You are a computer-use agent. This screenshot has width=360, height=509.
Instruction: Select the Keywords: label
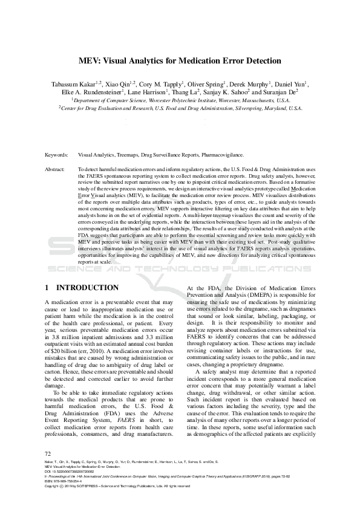click(x=56, y=155)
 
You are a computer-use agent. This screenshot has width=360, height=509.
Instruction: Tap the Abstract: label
click(x=56, y=170)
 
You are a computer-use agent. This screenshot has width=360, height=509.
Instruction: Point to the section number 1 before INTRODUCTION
click(x=48, y=288)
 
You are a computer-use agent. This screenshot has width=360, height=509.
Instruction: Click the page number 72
click(x=48, y=453)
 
